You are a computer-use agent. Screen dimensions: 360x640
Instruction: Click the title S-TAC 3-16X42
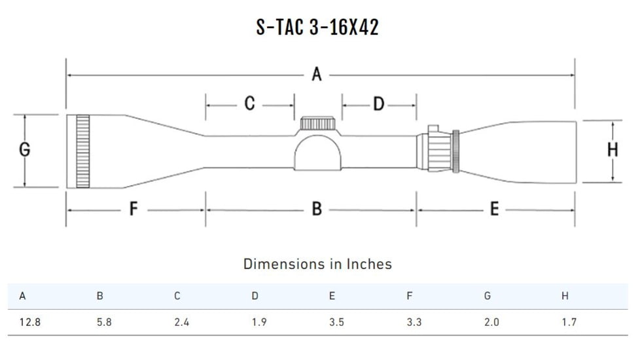click(x=317, y=27)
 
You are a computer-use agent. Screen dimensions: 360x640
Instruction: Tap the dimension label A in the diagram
click(x=317, y=75)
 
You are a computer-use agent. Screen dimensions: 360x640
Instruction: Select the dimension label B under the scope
click(x=317, y=209)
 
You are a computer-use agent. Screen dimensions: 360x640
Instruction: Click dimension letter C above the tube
click(x=249, y=103)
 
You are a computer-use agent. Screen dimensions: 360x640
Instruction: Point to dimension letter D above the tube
click(x=378, y=103)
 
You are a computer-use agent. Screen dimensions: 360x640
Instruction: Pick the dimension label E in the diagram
click(x=494, y=209)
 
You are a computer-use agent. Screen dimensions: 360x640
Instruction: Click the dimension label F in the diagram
click(x=133, y=209)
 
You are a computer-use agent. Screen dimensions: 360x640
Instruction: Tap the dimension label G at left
click(x=24, y=150)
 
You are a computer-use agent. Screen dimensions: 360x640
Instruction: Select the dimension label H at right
click(x=613, y=151)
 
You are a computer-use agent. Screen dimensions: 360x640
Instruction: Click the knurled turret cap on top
click(x=317, y=124)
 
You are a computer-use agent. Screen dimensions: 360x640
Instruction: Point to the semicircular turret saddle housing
click(x=317, y=153)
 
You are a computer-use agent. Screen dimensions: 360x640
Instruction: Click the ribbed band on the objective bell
click(x=82, y=151)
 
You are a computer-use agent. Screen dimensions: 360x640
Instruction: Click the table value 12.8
click(x=29, y=323)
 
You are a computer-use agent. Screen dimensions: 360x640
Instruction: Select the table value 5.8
click(x=104, y=323)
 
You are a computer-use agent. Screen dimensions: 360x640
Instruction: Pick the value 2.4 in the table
click(x=181, y=323)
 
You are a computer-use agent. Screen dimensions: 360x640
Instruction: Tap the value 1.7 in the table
click(x=569, y=323)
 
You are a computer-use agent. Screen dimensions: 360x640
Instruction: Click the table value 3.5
click(x=336, y=323)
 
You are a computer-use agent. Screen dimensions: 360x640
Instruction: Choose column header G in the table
click(x=487, y=296)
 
